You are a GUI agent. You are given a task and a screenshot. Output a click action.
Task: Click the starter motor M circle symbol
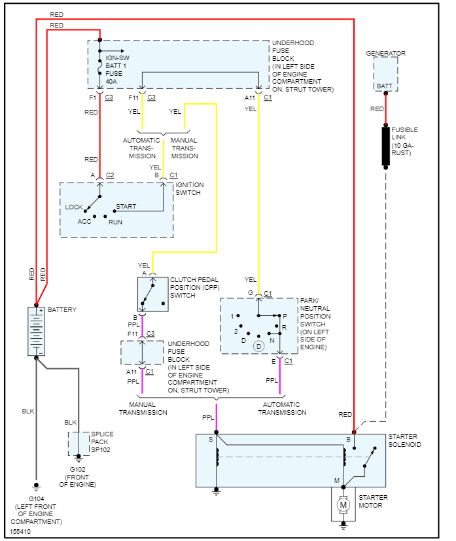pos(342,504)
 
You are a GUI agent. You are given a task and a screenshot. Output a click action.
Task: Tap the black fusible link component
pos(386,147)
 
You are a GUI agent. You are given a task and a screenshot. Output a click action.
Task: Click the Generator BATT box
pos(385,73)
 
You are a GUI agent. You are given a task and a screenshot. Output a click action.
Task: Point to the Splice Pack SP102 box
pos(79,444)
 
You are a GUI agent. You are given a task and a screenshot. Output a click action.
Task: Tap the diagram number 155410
pos(20,531)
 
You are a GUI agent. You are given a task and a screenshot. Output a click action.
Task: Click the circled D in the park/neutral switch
pos(258,345)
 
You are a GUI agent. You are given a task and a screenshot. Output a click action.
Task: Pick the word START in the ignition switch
pos(126,207)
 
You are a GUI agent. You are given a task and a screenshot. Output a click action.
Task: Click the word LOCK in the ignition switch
pos(74,207)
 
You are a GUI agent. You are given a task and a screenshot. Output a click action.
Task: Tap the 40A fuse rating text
pos(113,82)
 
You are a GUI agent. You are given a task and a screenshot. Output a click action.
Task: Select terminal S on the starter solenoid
pos(211,440)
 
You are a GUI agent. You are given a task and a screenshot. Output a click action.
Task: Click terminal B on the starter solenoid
pos(348,440)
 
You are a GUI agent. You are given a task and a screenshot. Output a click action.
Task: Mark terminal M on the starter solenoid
pos(338,481)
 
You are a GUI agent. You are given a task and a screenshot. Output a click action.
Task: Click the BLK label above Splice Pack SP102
pos(71,422)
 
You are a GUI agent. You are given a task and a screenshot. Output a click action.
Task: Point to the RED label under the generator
pos(377,109)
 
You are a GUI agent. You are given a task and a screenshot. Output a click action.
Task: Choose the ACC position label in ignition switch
pos(84,221)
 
